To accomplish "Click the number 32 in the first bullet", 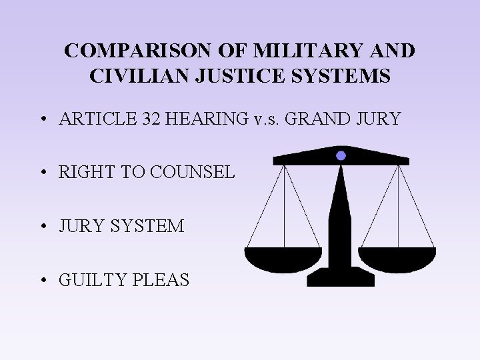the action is pos(153,119).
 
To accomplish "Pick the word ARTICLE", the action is pos(97,119).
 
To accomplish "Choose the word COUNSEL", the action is pos(193,172).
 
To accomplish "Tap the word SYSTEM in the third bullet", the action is pos(152,226).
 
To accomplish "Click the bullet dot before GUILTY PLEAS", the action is pos(43,281).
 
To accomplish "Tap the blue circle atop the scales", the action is pos(341,155).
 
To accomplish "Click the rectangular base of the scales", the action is pos(341,278).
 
